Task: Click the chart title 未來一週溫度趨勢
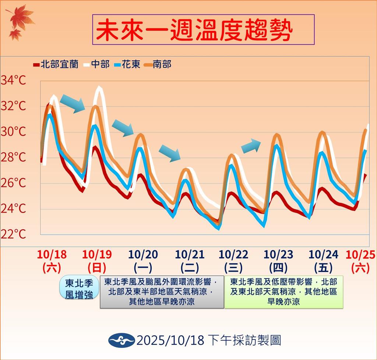pyautogui.click(x=194, y=30)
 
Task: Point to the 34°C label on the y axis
pyautogui.click(x=13, y=80)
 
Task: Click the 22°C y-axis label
pyautogui.click(x=13, y=234)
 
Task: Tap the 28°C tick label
pyautogui.click(x=13, y=157)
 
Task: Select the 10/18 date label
pyautogui.click(x=52, y=254)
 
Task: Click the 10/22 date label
pyautogui.click(x=233, y=254)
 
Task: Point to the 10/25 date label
pyautogui.click(x=360, y=254)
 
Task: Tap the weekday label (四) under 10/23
pyautogui.click(x=278, y=268)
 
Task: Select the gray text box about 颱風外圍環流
pyautogui.click(x=162, y=292)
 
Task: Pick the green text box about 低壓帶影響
pyautogui.click(x=284, y=292)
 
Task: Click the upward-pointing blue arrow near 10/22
pyautogui.click(x=251, y=146)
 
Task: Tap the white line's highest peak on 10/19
pyautogui.click(x=99, y=87)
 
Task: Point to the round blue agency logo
pyautogui.click(x=121, y=340)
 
